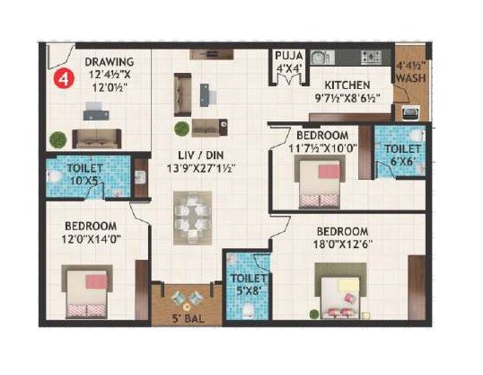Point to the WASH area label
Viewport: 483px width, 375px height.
tap(410, 78)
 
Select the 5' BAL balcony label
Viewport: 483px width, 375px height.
tap(188, 317)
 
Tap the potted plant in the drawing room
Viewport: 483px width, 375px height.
tap(57, 140)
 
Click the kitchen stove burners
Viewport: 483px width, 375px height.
tap(373, 57)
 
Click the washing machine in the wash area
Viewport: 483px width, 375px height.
tap(409, 112)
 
